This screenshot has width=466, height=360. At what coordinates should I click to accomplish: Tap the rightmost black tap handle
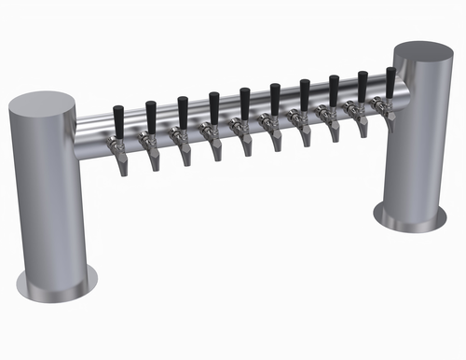[391, 81]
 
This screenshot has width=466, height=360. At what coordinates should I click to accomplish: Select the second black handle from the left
[151, 116]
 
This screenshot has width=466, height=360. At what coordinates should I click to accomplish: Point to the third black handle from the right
[334, 90]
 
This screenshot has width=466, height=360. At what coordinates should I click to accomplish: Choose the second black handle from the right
[362, 85]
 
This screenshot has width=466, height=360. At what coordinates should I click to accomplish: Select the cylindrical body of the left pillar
[47, 196]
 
